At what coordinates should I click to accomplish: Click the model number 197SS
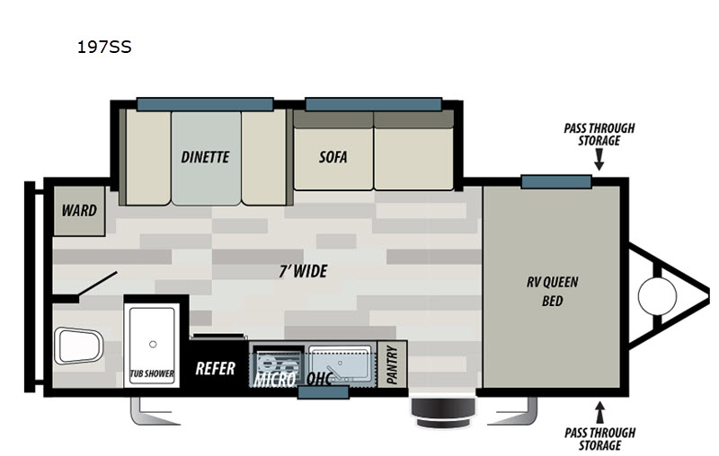104,48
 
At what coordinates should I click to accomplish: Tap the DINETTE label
205,157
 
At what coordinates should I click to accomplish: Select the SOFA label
333,157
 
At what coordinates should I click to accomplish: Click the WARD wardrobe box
79,211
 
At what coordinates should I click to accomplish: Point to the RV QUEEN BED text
552,291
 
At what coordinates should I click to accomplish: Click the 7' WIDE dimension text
303,271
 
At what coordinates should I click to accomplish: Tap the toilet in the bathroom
78,346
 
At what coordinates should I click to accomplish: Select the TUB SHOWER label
152,373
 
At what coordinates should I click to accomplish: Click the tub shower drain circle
153,344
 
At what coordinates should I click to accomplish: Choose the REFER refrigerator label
215,368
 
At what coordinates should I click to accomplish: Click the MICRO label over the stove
275,380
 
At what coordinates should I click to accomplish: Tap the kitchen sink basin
340,364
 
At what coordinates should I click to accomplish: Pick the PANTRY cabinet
392,364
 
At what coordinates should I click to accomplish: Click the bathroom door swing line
98,284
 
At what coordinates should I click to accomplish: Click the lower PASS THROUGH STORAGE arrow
599,412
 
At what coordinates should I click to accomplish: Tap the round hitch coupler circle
657,295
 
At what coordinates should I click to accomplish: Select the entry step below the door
442,412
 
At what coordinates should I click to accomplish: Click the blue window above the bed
556,181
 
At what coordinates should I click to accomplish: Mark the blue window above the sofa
374,104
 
